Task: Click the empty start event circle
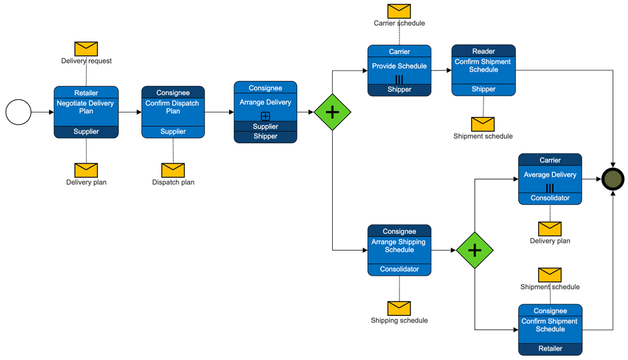click(18, 112)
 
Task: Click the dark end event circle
click(613, 179)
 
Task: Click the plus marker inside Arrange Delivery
click(265, 116)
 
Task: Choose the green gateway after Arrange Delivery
click(332, 112)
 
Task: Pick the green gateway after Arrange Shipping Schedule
click(475, 250)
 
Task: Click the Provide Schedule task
click(399, 67)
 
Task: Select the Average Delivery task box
click(550, 175)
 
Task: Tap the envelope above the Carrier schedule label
click(399, 11)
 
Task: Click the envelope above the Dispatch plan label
click(173, 170)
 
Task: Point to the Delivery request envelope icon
click(86, 48)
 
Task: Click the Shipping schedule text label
click(399, 320)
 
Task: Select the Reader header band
click(484, 51)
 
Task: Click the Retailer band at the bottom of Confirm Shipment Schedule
click(550, 348)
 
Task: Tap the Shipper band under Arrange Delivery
click(265, 136)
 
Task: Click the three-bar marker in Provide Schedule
click(399, 79)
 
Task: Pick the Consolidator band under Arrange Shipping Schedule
click(399, 269)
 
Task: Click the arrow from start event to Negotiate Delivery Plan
click(43, 112)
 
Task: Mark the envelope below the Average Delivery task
click(550, 228)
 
